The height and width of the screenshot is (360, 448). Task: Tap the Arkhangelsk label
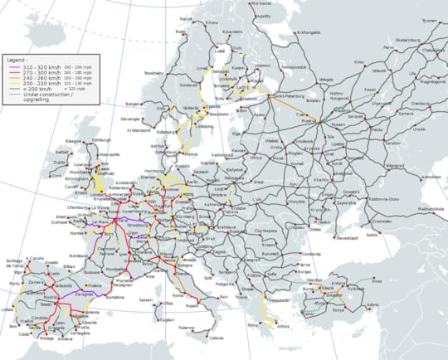pos(309,33)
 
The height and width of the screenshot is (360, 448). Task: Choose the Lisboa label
pos(12,309)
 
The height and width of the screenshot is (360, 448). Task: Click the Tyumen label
pos(428,21)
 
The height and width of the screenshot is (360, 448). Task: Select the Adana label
pos(371,304)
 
